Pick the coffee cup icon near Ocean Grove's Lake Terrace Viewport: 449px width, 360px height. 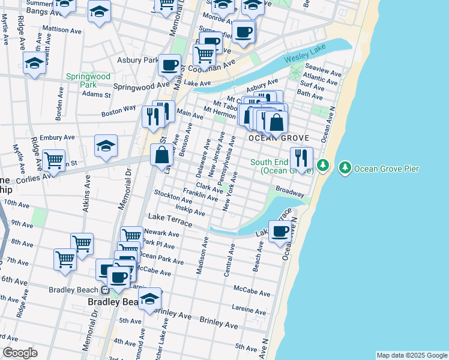279,231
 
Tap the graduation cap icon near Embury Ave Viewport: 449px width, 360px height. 106,146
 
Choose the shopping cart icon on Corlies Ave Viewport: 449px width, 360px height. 54,161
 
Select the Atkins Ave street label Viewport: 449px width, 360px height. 88,190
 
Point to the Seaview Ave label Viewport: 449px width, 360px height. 323,70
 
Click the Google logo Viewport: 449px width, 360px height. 20,353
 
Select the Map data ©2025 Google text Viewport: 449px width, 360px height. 411,355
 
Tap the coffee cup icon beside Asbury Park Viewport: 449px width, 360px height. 170,64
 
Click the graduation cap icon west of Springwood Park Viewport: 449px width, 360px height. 35,62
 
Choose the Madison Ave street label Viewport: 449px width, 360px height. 203,256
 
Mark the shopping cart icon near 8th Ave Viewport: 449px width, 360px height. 82,244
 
